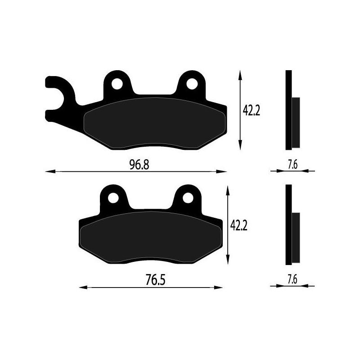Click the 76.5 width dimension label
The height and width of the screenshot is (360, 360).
click(153, 280)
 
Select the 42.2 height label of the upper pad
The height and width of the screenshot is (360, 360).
click(252, 110)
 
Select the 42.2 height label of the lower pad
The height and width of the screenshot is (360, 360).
click(239, 225)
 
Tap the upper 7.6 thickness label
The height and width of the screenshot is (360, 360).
click(292, 165)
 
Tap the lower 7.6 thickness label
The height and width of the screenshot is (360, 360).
click(292, 279)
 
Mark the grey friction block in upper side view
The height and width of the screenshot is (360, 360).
click(296, 122)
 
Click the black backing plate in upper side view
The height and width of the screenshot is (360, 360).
click(288, 110)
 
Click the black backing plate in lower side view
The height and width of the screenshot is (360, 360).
click(288, 225)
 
